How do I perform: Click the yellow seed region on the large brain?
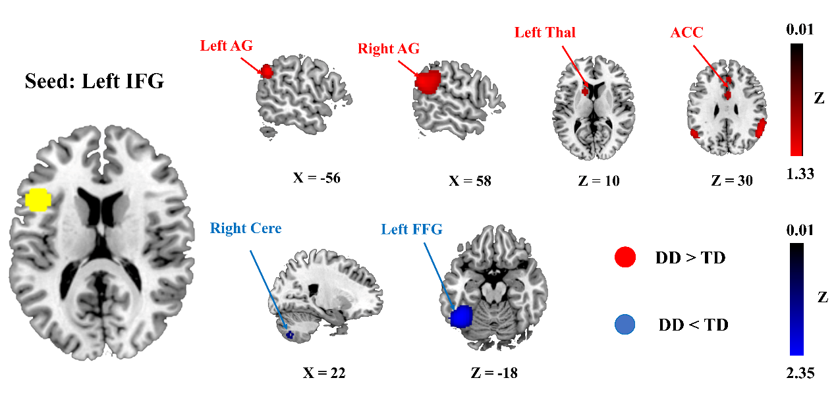point(38,200)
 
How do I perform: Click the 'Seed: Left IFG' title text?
point(94,82)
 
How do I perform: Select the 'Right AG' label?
point(388,49)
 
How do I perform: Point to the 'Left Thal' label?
point(545,32)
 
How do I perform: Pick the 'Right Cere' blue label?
point(246,229)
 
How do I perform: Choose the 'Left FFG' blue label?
point(412,229)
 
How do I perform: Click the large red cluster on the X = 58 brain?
point(428,82)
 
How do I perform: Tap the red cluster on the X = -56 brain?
point(267,71)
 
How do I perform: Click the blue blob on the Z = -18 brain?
point(462,317)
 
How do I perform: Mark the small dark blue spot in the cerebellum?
point(289,335)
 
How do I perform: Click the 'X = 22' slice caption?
point(324,373)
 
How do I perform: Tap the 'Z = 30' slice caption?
point(732,180)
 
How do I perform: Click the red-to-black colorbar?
point(796,99)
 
